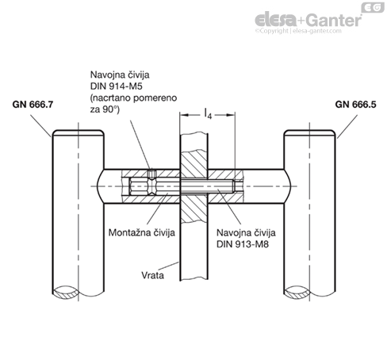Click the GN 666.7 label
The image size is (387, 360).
click(33, 105)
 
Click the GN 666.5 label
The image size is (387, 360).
click(355, 105)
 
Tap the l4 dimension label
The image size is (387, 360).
click(209, 113)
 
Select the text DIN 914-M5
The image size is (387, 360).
click(117, 86)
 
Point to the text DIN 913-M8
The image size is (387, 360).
click(243, 244)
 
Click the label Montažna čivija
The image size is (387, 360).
click(142, 232)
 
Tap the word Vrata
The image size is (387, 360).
click(152, 275)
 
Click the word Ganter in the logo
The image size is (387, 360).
click(335, 20)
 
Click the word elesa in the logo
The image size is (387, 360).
click(276, 20)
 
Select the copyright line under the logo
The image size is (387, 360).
click(298, 31)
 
